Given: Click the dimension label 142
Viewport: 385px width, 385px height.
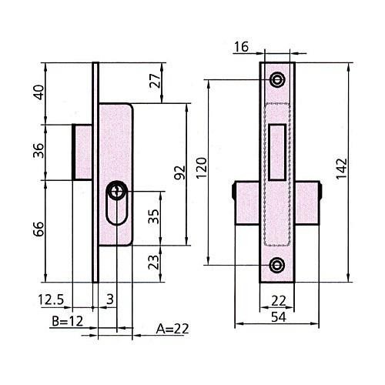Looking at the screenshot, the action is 342,168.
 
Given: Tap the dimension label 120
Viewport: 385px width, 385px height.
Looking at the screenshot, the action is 202,168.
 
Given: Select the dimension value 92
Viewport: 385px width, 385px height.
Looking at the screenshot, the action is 179,172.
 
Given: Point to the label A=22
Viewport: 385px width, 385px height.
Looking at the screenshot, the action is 172,329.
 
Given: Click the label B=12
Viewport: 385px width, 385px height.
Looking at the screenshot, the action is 68,321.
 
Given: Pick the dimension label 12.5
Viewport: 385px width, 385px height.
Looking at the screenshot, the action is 51,300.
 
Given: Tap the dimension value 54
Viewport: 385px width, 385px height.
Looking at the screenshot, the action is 279,317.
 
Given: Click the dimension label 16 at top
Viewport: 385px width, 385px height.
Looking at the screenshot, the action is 241,47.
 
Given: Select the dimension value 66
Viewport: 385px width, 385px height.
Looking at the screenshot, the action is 38,229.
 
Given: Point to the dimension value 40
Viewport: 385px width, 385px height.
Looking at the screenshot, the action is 38,92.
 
